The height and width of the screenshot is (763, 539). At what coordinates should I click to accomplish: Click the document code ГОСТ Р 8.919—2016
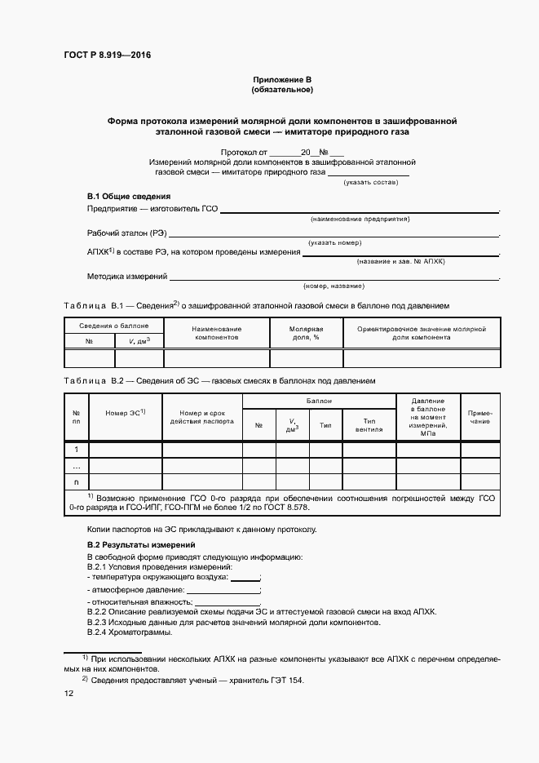pyautogui.click(x=108, y=55)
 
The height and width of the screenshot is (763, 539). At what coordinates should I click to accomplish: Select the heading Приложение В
pyautogui.click(x=282, y=79)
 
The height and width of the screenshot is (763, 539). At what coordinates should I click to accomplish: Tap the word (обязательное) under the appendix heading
pyautogui.click(x=282, y=89)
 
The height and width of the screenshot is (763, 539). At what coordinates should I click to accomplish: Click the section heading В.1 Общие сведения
pyautogui.click(x=128, y=197)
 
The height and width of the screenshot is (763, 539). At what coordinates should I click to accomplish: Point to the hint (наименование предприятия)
pyautogui.click(x=360, y=220)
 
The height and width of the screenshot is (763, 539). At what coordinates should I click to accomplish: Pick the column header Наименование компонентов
pyautogui.click(x=216, y=332)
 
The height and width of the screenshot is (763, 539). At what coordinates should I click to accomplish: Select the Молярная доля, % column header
pyautogui.click(x=305, y=332)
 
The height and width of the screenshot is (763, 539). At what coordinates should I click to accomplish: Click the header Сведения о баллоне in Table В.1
pyautogui.click(x=113, y=326)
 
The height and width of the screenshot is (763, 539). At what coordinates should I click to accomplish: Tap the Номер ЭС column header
pyautogui.click(x=125, y=413)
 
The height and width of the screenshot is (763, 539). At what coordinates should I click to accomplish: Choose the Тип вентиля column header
pyautogui.click(x=368, y=425)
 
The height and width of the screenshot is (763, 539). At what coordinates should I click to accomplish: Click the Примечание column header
pyautogui.click(x=479, y=418)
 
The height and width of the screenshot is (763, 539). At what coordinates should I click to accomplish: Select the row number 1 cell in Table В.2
pyautogui.click(x=76, y=450)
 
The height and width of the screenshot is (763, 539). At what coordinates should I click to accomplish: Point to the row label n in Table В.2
pyautogui.click(x=76, y=481)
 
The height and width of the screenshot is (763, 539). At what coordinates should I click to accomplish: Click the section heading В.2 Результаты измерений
pyautogui.click(x=141, y=544)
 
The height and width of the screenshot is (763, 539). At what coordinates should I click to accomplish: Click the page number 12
pyautogui.click(x=69, y=694)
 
